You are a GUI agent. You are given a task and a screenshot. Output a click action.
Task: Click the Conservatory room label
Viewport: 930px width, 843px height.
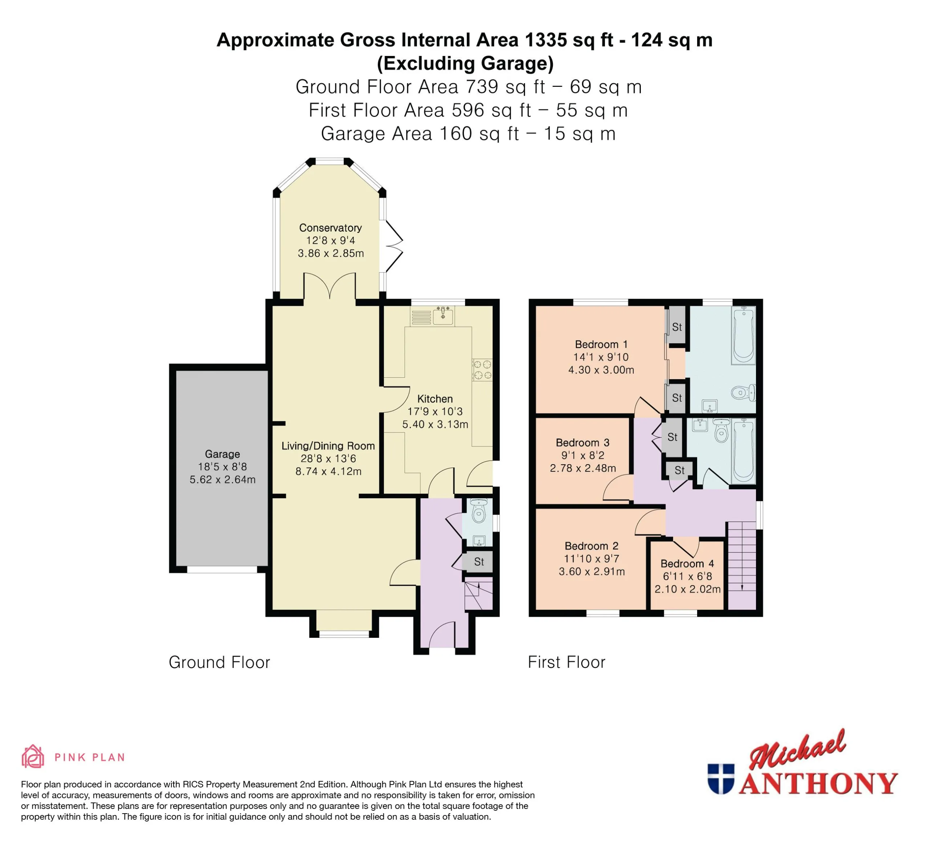point(330,228)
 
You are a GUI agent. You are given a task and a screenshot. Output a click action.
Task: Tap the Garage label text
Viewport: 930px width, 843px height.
point(222,454)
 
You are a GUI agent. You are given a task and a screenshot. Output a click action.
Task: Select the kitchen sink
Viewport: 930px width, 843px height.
point(443,315)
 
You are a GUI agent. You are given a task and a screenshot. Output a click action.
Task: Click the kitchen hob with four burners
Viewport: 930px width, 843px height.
point(482,370)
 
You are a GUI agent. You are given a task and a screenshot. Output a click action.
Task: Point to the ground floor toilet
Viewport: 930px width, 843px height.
point(479,511)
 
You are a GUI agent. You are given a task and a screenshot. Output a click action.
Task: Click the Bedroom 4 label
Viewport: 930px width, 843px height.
point(687,564)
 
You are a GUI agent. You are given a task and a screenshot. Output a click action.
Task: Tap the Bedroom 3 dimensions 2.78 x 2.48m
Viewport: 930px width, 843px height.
point(583,468)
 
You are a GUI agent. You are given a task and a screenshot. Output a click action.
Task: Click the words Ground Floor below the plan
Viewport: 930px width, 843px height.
point(219,662)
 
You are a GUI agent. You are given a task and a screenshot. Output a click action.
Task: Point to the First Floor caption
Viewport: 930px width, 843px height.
point(566,662)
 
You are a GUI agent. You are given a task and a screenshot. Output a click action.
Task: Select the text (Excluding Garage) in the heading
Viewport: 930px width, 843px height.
point(465,63)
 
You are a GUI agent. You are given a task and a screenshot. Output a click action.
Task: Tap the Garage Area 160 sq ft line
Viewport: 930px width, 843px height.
point(468,134)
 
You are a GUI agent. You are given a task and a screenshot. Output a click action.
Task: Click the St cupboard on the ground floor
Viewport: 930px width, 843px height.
point(478,562)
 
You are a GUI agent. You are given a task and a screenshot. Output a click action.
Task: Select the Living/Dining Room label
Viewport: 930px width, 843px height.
point(328,446)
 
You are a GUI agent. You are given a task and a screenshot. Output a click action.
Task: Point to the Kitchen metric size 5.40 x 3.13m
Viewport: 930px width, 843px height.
point(435,424)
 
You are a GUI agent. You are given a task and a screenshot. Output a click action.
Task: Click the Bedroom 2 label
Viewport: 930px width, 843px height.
point(591,546)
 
